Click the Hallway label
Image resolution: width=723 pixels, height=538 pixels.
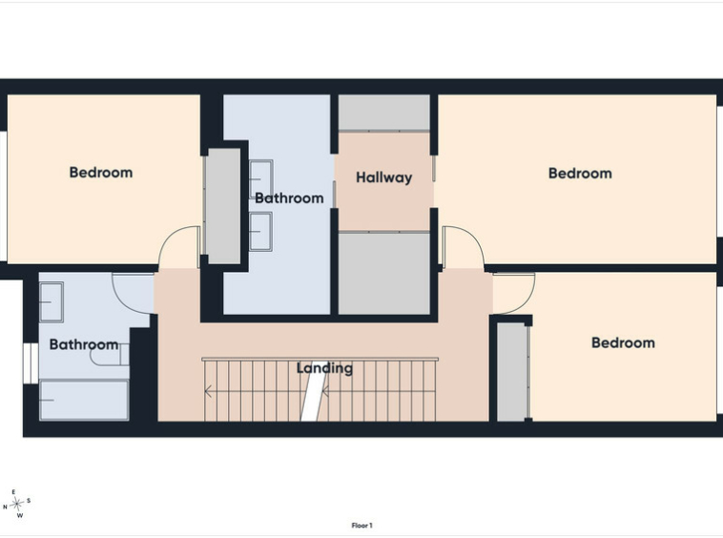click(383, 177)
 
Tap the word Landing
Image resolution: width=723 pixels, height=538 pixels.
click(324, 368)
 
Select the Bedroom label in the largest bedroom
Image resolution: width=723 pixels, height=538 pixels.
click(580, 174)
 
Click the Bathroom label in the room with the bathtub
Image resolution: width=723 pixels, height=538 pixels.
click(83, 344)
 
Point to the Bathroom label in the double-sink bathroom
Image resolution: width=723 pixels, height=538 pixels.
click(289, 198)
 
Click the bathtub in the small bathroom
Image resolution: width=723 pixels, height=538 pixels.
click(84, 400)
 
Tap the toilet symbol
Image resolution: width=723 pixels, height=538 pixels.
click(110, 355)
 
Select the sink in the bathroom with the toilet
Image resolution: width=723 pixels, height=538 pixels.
click(52, 302)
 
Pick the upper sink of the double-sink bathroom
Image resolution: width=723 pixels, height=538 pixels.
click(260, 179)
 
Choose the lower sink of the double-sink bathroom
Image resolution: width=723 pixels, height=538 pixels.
click(260, 231)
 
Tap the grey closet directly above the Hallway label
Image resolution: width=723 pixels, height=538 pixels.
click(384, 113)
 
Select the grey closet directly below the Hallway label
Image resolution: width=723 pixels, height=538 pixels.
click(384, 274)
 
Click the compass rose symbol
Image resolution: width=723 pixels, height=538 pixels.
click(17, 504)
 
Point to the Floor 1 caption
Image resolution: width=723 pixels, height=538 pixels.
click(361, 526)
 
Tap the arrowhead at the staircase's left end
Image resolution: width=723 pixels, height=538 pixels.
click(208, 392)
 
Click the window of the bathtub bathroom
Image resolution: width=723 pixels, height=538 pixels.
click(31, 362)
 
